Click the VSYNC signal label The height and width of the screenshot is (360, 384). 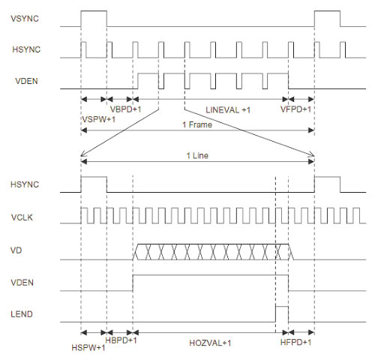[25, 19]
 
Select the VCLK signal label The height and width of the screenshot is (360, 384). [22, 217]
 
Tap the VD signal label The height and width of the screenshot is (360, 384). [16, 250]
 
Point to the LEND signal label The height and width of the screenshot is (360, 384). [22, 314]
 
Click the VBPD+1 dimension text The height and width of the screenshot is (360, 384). [126, 109]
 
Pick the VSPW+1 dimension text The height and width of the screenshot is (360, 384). [99, 119]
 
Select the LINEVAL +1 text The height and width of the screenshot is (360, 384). [228, 110]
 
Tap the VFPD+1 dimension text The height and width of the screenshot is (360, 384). [295, 109]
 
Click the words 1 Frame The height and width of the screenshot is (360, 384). [197, 124]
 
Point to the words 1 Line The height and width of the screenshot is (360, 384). [197, 155]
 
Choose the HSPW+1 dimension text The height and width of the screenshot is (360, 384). [88, 347]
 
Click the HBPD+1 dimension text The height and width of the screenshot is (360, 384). [121, 340]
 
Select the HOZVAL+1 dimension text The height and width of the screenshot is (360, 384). [210, 343]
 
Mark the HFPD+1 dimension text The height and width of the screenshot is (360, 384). [295, 342]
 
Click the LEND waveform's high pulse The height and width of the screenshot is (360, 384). [282, 306]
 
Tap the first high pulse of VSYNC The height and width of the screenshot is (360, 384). [94, 11]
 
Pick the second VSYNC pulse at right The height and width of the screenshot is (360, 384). [327, 11]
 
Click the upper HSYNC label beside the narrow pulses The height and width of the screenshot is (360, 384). [26, 49]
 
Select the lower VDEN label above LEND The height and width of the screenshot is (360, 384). [22, 283]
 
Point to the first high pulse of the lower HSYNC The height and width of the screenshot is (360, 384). [94, 177]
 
